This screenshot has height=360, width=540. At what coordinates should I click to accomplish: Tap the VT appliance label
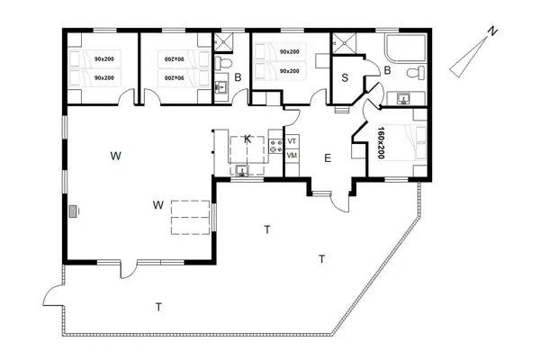click(292, 141)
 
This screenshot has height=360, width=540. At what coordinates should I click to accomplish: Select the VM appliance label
click(292, 157)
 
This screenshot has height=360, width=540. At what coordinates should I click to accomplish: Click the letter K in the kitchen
click(247, 139)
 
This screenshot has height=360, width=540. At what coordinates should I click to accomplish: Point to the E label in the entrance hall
click(328, 158)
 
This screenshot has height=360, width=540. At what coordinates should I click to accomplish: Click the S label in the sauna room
click(345, 77)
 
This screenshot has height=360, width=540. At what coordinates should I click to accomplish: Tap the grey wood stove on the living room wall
click(74, 211)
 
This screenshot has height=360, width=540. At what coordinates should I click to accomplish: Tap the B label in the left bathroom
click(238, 78)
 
